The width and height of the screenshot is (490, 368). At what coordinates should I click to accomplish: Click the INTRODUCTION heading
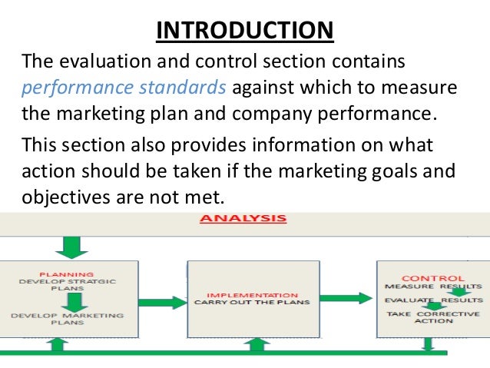pos(245,31)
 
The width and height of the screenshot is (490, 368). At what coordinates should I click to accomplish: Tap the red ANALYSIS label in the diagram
pos(243,219)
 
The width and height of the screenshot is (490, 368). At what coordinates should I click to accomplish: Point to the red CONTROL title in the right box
pos(433,277)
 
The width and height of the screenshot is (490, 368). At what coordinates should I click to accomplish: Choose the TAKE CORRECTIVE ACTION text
pos(433,317)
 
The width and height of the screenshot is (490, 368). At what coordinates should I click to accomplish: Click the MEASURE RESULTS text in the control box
pos(433,287)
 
